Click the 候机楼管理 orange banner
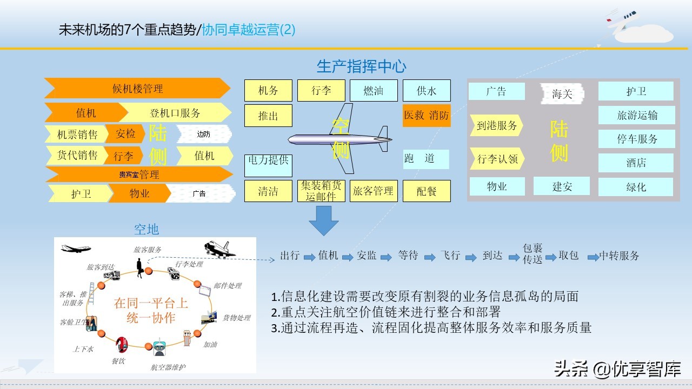point(137,89)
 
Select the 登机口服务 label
point(175,113)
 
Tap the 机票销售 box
point(77,135)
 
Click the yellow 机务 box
point(268,91)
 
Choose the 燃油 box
point(374,91)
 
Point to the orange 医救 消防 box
point(427,116)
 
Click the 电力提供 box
point(268,165)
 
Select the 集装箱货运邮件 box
point(321,191)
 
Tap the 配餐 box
point(427,191)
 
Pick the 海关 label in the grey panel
point(562,94)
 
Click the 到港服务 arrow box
point(497,126)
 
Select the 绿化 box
point(636,187)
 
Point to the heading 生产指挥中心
point(361,66)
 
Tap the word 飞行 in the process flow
point(450,256)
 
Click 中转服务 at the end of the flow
point(620,256)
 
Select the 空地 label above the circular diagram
point(147,229)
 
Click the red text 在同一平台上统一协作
point(151,310)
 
